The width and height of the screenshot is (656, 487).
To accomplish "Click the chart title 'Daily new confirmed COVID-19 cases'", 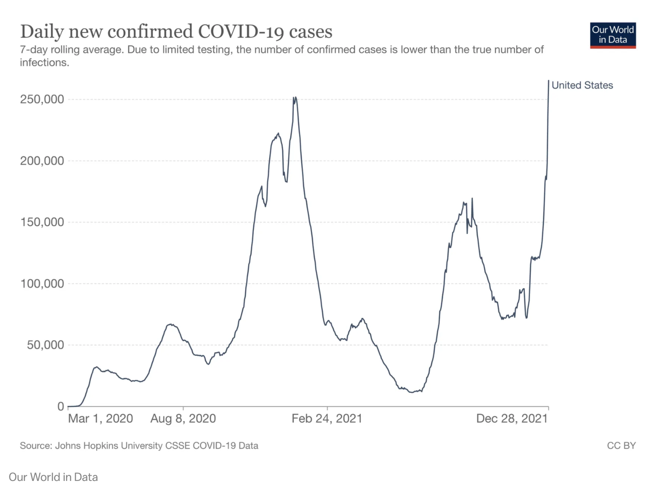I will click(176, 32).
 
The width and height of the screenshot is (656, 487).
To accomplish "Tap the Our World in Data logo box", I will click(612, 35).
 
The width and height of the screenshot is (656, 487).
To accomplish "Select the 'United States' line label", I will click(582, 85).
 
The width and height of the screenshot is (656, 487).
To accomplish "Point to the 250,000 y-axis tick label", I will click(42, 99).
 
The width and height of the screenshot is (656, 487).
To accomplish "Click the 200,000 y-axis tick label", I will click(42, 161).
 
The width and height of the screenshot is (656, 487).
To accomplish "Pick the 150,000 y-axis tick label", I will click(42, 222).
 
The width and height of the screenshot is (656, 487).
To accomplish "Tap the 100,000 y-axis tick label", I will click(42, 284).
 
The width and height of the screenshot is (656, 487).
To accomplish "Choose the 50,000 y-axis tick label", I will click(45, 345).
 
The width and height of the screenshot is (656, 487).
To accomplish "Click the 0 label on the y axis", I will click(60, 407).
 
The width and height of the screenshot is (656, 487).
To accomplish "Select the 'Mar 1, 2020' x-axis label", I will click(101, 419).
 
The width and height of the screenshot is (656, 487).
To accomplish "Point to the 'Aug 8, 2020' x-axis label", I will click(183, 419).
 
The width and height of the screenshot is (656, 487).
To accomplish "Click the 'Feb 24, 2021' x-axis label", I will click(327, 419).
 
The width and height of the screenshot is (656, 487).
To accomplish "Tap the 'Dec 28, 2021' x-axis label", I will click(512, 419).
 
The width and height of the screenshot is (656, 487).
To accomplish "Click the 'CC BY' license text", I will click(621, 446).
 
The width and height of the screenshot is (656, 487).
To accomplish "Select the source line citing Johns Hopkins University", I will click(139, 446).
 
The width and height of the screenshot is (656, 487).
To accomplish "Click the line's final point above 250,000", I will click(549, 81).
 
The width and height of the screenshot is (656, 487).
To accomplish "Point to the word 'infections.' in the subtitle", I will click(44, 63).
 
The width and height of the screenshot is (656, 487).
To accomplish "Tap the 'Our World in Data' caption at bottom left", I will click(53, 477).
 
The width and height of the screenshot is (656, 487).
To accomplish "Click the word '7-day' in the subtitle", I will click(34, 50).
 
